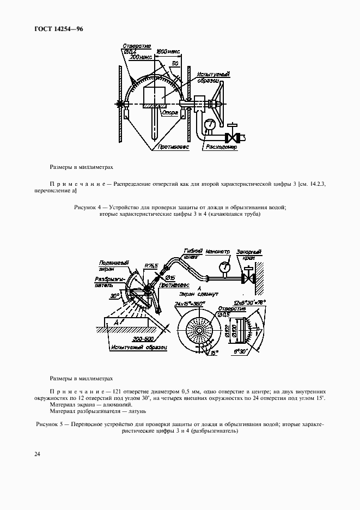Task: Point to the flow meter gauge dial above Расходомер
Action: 209,125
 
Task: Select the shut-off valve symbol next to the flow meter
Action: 234,135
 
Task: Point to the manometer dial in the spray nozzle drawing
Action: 224,268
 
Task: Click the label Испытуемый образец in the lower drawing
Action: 138,347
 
